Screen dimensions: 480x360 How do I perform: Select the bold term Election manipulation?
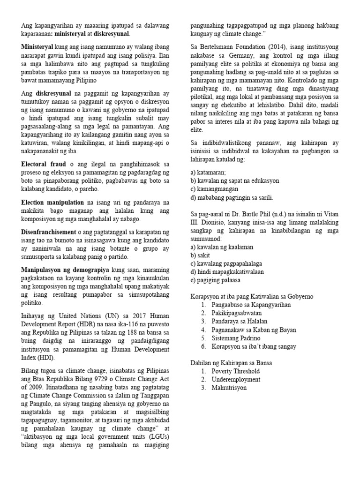[52, 202]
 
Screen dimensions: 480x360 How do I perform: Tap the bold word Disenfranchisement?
[48, 232]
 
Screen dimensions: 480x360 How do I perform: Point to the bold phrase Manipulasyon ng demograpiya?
[65, 270]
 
